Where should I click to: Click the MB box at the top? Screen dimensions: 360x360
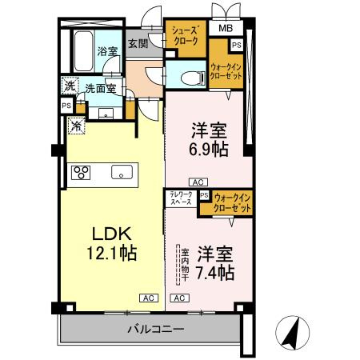226,30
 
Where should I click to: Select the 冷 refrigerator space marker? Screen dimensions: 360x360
76,125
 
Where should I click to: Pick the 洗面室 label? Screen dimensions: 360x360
100,90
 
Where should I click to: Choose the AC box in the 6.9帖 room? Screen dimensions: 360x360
198,182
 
